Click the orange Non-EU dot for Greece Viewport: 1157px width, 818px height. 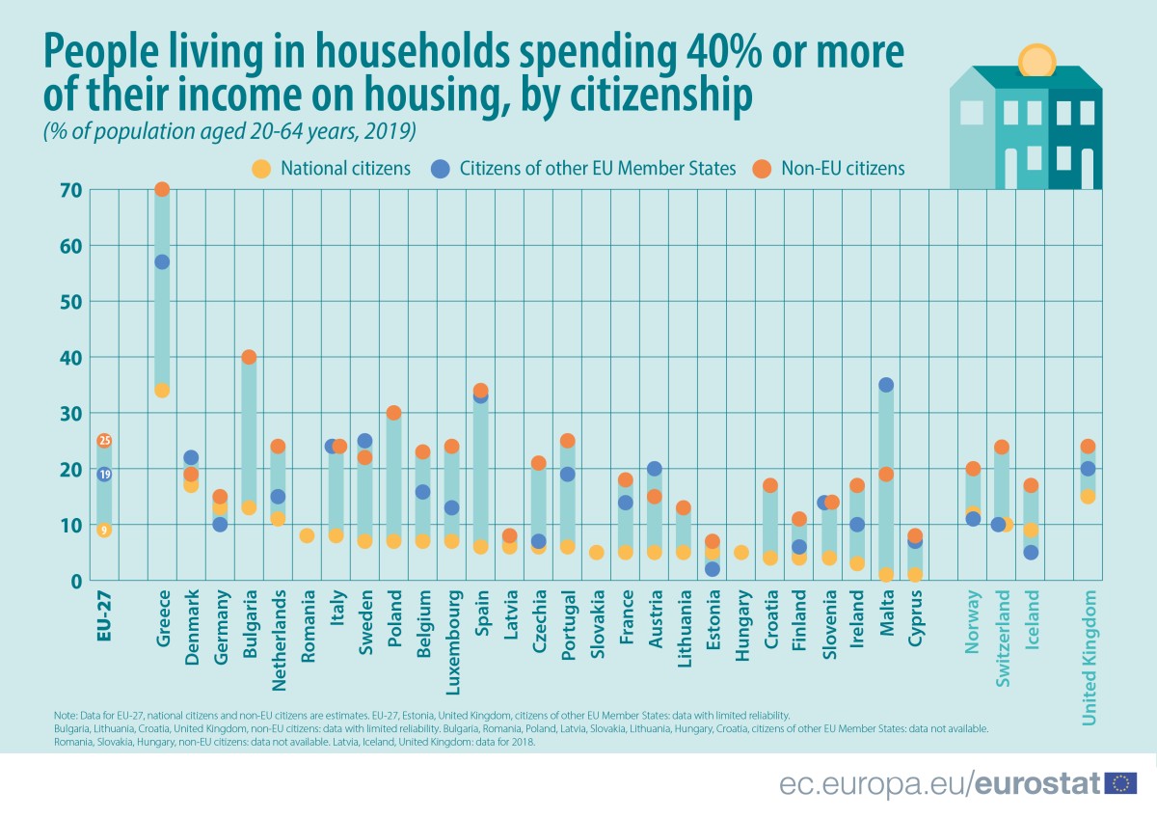[162, 189]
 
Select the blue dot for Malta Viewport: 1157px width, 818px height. [886, 385]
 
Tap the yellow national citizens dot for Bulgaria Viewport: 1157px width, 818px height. [249, 507]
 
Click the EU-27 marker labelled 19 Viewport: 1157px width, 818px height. [104, 474]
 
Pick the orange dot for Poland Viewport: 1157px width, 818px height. [393, 413]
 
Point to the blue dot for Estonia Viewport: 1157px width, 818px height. [712, 569]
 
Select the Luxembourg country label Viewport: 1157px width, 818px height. [452, 636]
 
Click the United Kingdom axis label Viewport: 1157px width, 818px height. [1090, 660]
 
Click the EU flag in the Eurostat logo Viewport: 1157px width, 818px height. [1121, 784]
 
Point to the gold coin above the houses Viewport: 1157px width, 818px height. [1037, 61]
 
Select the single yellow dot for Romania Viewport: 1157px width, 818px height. [307, 535]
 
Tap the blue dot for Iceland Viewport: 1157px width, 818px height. [1031, 553]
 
